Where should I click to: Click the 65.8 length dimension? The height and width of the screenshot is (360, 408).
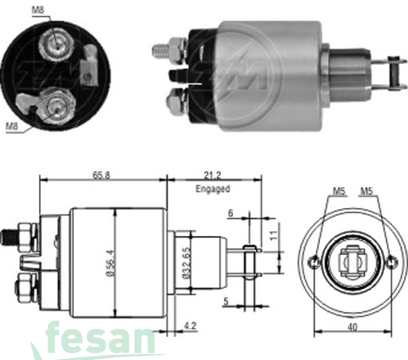click(x=101, y=175)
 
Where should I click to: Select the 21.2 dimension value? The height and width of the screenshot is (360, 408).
click(x=212, y=175)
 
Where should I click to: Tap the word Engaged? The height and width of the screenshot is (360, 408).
click(x=213, y=188)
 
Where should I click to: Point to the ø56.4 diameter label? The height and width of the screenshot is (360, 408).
click(x=111, y=263)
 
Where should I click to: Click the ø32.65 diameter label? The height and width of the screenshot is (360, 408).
click(x=186, y=263)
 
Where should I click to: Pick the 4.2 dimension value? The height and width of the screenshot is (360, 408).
click(x=190, y=325)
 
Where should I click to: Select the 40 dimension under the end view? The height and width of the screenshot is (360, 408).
click(x=353, y=327)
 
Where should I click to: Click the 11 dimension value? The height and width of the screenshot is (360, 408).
click(x=274, y=236)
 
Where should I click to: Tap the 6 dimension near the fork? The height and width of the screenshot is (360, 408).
click(x=231, y=213)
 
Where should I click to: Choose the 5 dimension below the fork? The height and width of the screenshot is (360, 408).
click(x=226, y=302)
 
